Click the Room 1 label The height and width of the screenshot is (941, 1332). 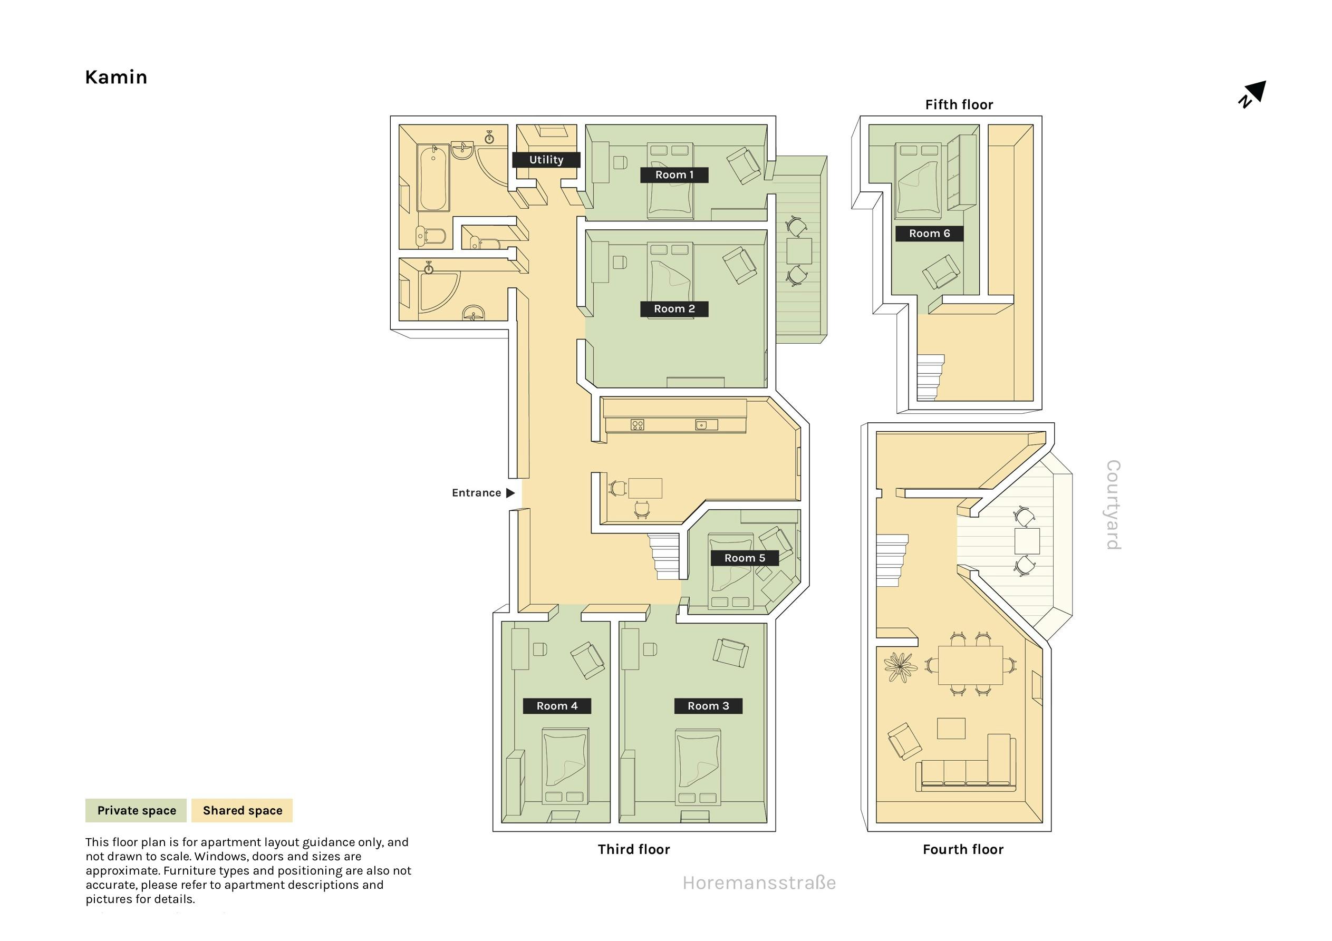[x=674, y=174]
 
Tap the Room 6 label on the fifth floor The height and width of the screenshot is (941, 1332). [x=929, y=233]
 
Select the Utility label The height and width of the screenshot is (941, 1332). [x=546, y=160]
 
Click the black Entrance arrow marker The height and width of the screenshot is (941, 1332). [x=510, y=493]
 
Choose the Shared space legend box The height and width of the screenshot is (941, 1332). [x=242, y=810]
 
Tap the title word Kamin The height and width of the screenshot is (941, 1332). [x=116, y=77]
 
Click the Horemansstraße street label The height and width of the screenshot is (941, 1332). [x=759, y=883]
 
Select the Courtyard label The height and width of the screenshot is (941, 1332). [x=1113, y=505]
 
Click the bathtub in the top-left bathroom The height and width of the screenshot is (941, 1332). [x=433, y=178]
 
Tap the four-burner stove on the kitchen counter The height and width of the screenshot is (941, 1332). [x=637, y=425]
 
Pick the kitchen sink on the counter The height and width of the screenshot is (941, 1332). [x=706, y=425]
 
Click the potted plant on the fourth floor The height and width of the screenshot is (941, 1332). [x=900, y=667]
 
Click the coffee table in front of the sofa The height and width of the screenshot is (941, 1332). [x=951, y=729]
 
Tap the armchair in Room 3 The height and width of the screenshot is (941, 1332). [x=730, y=653]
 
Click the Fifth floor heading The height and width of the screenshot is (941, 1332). [x=959, y=105]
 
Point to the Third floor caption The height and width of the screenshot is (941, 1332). [x=634, y=849]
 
